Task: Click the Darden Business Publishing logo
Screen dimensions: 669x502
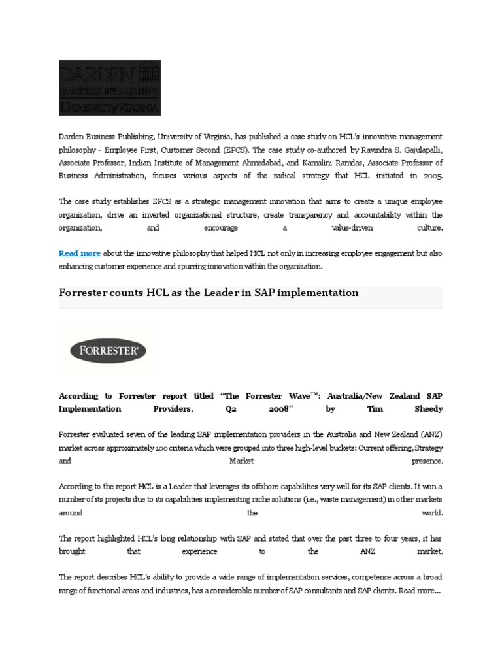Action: [x=110, y=88]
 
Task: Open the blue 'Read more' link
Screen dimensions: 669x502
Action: [x=80, y=253]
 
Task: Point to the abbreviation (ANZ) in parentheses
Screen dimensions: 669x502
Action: [x=429, y=434]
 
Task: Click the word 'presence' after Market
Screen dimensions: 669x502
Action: [x=427, y=461]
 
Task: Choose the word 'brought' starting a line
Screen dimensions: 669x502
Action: [x=73, y=551]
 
